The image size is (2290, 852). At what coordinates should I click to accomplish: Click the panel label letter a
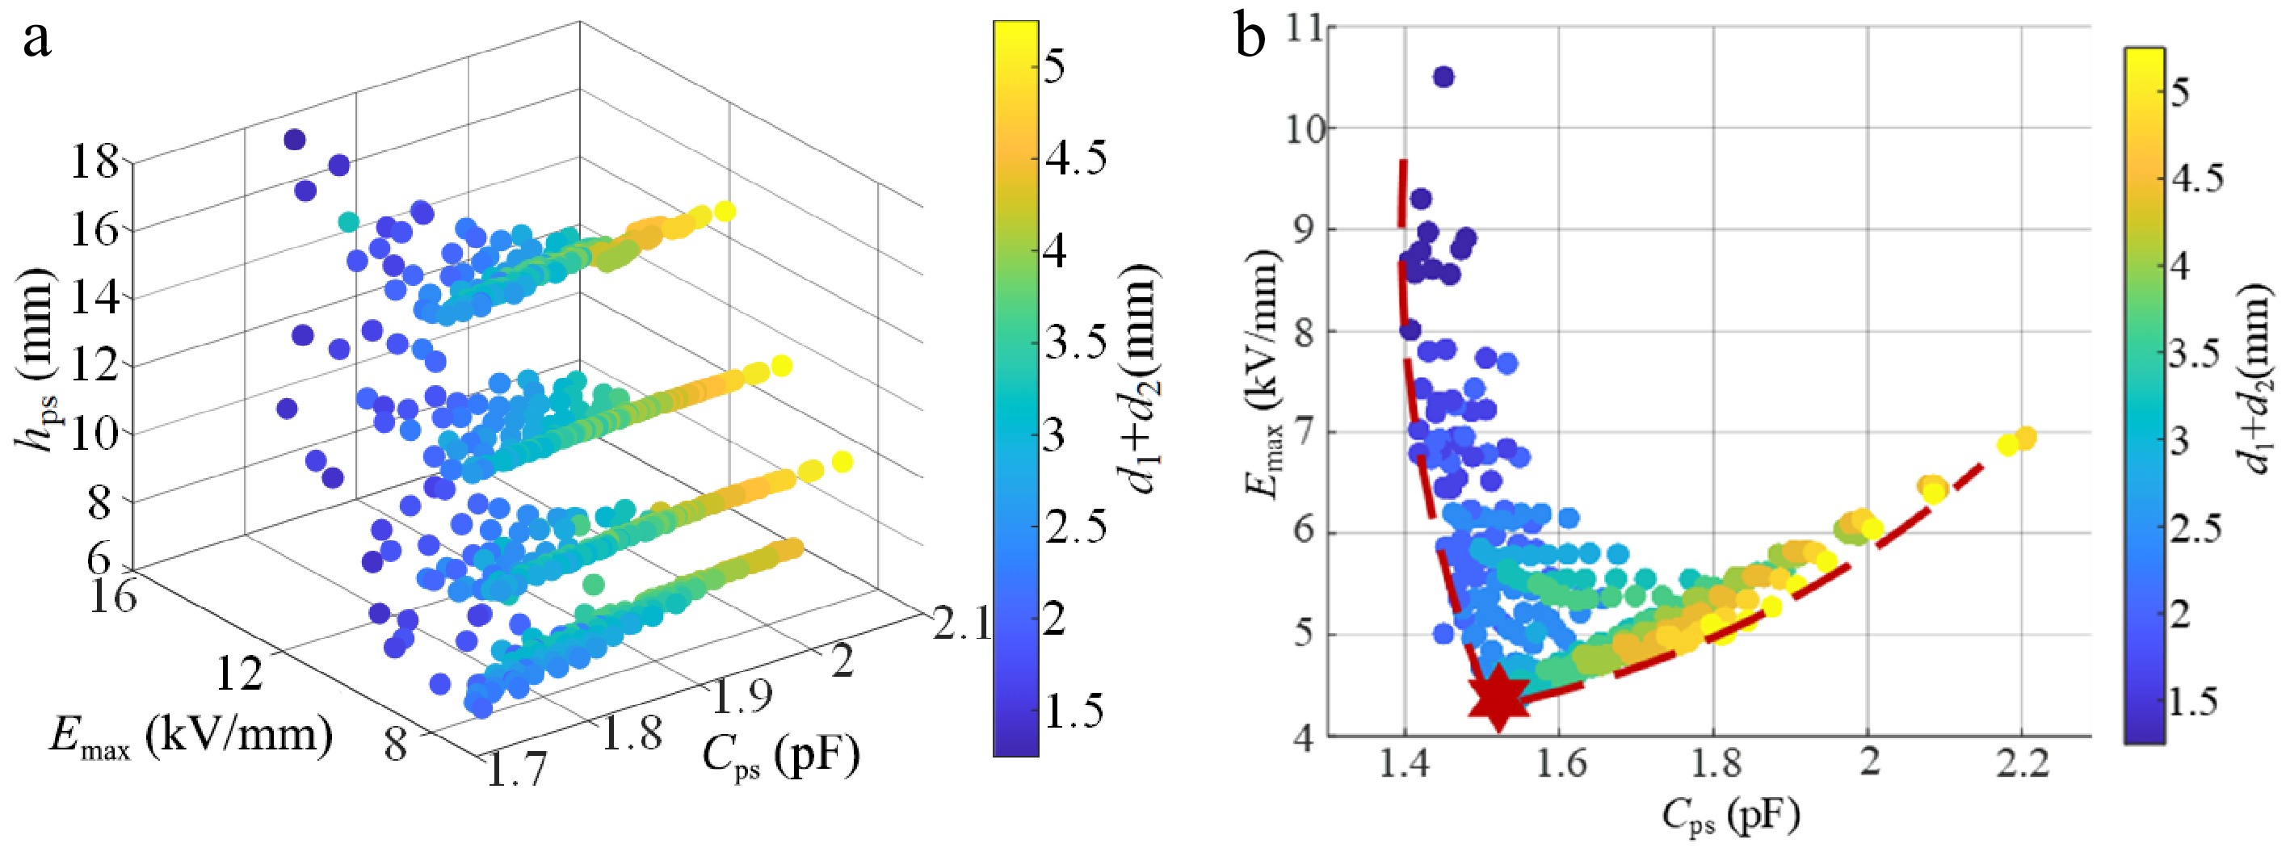point(36,41)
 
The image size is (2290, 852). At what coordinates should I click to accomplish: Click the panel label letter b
point(1250,41)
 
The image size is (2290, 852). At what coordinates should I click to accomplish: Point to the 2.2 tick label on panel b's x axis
point(2023,763)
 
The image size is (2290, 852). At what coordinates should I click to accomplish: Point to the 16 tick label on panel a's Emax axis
point(113,595)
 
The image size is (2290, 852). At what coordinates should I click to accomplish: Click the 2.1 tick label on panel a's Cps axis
point(961,623)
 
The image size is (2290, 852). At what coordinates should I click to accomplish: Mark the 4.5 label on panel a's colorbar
point(1074,160)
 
